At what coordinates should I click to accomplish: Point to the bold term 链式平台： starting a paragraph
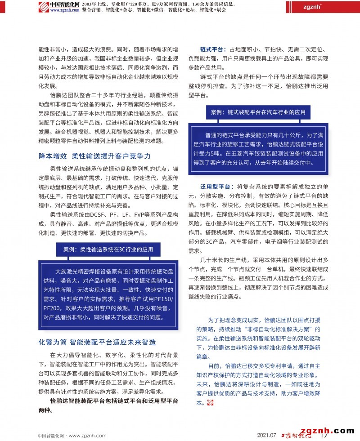213,49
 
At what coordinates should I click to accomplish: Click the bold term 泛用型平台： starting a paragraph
217,187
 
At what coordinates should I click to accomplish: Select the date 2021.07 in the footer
266,435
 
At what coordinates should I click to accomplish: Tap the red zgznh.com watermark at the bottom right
328,430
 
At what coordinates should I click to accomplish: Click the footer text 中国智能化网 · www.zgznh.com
72,435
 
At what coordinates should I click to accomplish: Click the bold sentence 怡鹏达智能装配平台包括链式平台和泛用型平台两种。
108,401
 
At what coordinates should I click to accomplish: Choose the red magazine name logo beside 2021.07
294,435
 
